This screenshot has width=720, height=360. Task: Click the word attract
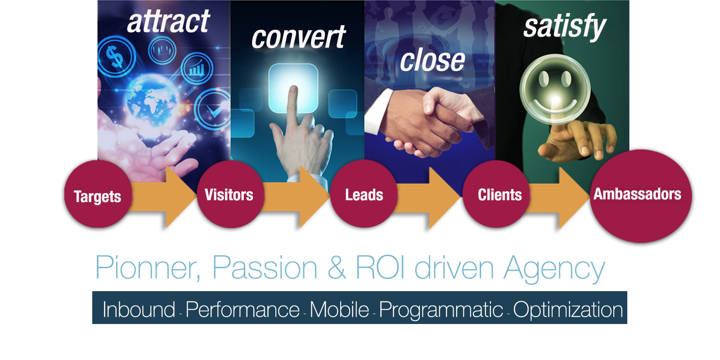pyautogui.click(x=168, y=22)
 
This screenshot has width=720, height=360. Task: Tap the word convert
pyautogui.click(x=298, y=38)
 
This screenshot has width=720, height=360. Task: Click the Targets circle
pyautogui.click(x=98, y=194)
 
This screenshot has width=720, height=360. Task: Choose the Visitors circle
pyautogui.click(x=230, y=194)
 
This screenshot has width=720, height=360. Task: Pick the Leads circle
pyautogui.click(x=364, y=193)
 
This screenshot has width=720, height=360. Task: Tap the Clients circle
pyautogui.click(x=497, y=194)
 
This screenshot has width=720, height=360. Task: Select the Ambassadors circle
pyautogui.click(x=641, y=196)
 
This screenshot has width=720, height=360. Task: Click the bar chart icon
pyautogui.click(x=197, y=68)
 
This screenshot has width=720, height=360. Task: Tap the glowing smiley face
pyautogui.click(x=555, y=89)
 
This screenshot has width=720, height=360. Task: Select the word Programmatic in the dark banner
pyautogui.click(x=441, y=310)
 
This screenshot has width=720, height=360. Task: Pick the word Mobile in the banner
pyautogui.click(x=339, y=309)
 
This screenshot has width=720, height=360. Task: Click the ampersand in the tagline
pyautogui.click(x=337, y=267)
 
